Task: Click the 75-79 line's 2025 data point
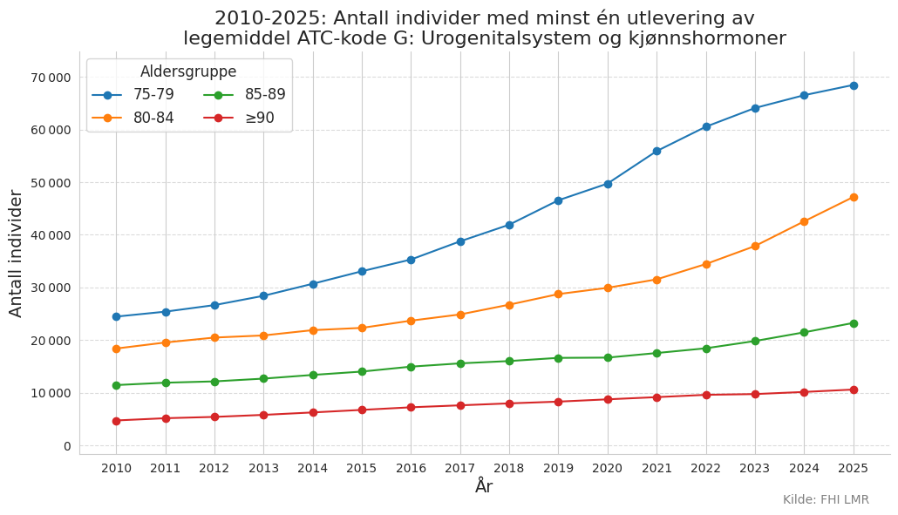[854, 85]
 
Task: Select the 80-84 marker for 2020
[608, 288]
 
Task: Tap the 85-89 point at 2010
[116, 385]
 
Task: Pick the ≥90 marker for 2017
[460, 405]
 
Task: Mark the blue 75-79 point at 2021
[656, 151]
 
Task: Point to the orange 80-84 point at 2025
[854, 198]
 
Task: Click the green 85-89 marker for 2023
[755, 341]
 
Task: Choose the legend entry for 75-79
[133, 94]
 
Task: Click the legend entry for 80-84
[133, 118]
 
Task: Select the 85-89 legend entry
[244, 94]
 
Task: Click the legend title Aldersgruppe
[188, 71]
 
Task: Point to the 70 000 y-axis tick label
[51, 78]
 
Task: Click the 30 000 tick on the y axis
[51, 288]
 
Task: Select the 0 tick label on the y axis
[68, 446]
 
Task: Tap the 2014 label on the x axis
[313, 468]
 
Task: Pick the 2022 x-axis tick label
[706, 468]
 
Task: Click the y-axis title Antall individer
[16, 254]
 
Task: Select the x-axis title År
[484, 486]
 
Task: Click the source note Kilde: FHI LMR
[826, 499]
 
